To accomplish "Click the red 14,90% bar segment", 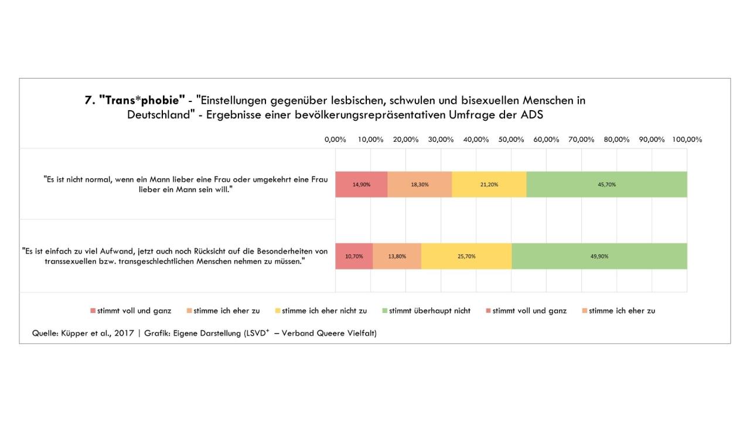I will click(361, 184).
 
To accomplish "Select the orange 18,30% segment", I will click(420, 184).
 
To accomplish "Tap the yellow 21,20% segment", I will click(489, 184).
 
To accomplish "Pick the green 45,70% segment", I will click(606, 184).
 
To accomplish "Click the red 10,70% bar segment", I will click(354, 256).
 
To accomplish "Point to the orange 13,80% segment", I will click(397, 256).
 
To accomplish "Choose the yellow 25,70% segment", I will click(466, 256).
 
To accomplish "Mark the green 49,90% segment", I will click(599, 256).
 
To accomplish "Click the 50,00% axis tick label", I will click(511, 139).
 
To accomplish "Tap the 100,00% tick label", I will click(687, 139).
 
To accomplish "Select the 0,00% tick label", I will click(335, 139).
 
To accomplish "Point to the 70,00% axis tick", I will click(581, 139).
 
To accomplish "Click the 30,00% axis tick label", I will click(441, 139).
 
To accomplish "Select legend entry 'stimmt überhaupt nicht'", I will click(429, 311).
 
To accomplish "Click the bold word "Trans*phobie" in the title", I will click(138, 100).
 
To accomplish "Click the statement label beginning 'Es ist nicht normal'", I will click(186, 184).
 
